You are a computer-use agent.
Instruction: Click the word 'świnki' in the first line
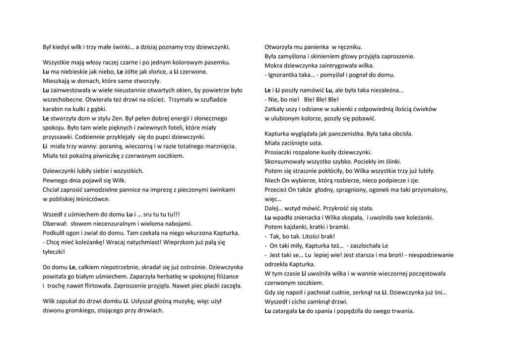click(x=123, y=47)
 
